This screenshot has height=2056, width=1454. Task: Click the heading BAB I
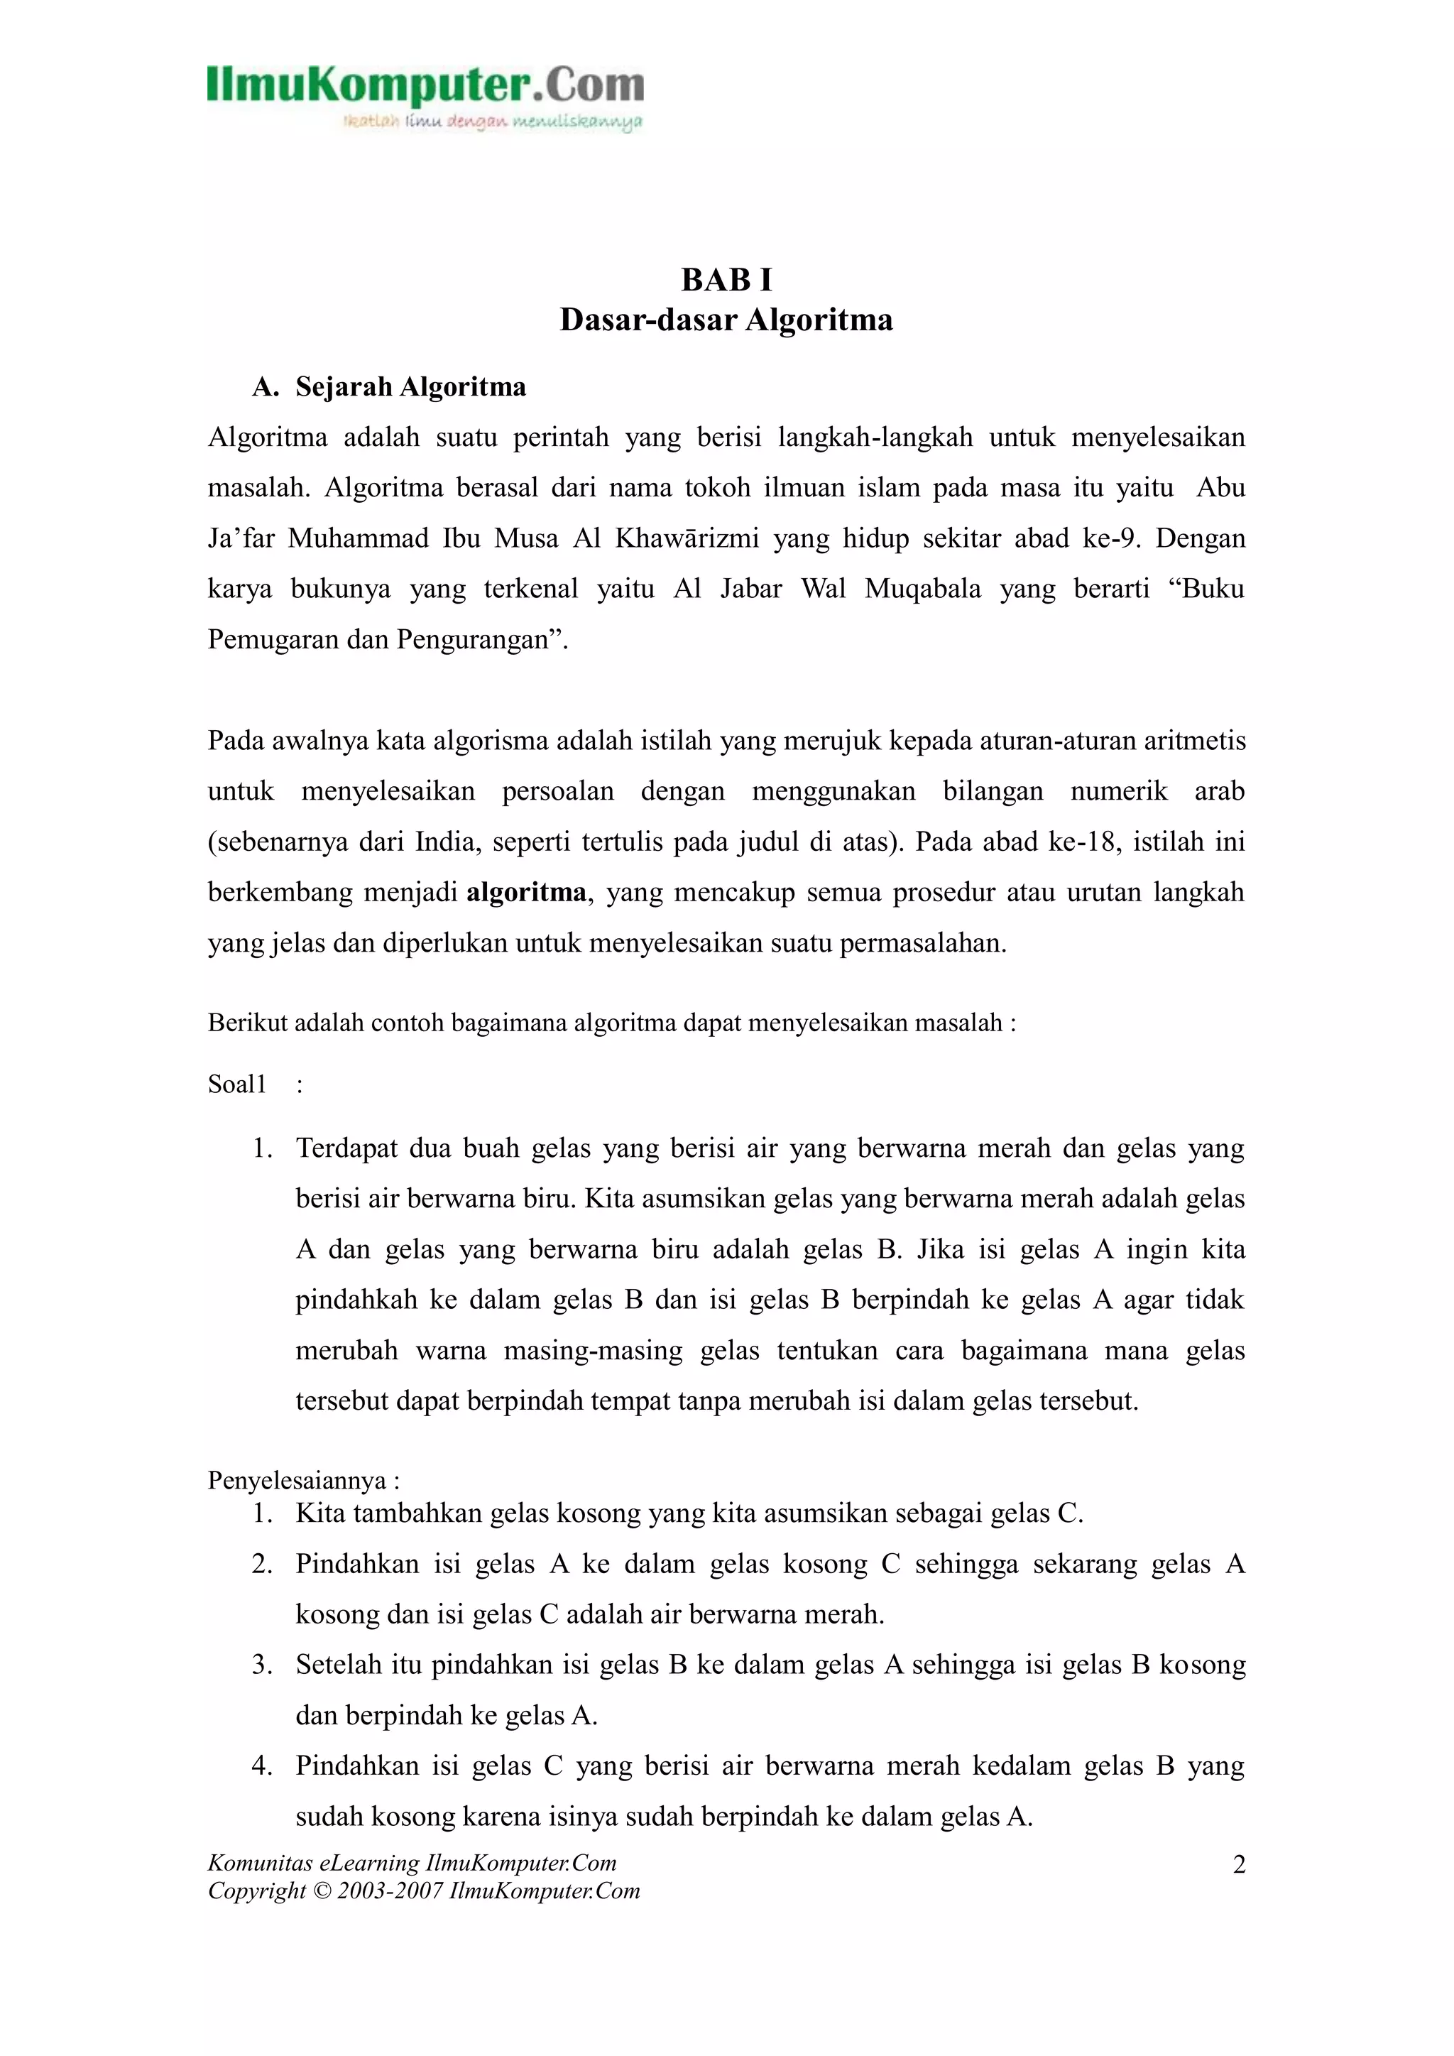[x=726, y=281]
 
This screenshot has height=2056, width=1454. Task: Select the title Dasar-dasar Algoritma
[x=726, y=320]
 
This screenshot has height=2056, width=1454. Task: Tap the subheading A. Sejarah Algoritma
[x=390, y=387]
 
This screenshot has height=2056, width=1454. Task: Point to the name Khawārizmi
[x=687, y=538]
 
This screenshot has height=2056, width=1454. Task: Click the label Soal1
[x=237, y=1084]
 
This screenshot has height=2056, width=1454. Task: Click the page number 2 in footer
[x=1239, y=1865]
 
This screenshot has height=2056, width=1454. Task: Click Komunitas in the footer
[x=261, y=1864]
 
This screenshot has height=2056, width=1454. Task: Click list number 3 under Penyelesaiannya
[x=261, y=1665]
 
